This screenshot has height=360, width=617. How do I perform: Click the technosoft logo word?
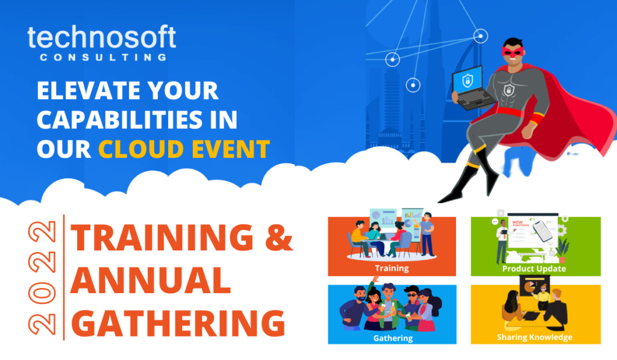click(x=101, y=38)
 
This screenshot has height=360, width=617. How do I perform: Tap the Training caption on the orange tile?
click(x=391, y=268)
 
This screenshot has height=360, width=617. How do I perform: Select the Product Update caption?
click(x=534, y=268)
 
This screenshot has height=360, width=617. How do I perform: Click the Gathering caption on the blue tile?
click(x=392, y=338)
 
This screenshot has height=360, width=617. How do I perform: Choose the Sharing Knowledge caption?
click(x=534, y=337)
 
